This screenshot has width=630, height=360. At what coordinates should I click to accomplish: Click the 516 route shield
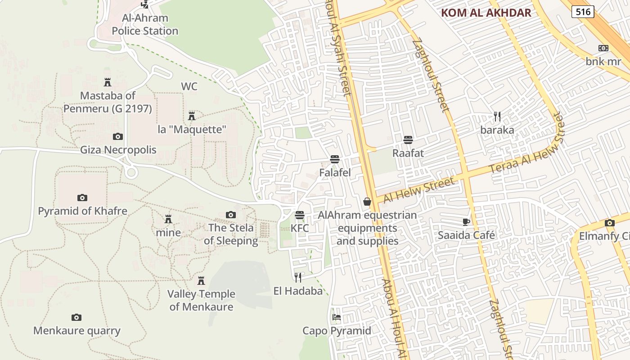click(583, 12)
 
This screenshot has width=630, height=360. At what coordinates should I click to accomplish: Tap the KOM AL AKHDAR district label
click(486, 13)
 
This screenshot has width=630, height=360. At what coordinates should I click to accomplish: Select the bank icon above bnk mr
click(603, 48)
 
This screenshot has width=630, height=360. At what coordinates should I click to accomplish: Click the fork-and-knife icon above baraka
click(497, 117)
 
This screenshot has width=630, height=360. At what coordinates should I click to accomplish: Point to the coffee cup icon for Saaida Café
click(466, 222)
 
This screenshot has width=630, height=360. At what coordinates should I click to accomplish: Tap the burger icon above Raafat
click(408, 140)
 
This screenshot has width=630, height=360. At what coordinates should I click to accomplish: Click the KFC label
click(300, 228)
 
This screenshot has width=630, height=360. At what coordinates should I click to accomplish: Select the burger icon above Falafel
click(334, 159)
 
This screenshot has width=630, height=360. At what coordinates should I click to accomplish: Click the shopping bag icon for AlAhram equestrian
click(367, 202)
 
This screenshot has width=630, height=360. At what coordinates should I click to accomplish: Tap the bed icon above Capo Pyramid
click(336, 317)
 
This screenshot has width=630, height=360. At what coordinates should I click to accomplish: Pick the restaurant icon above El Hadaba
click(298, 277)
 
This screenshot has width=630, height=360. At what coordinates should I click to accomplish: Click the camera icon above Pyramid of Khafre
click(82, 198)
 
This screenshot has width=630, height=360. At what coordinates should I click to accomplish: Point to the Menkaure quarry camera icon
click(76, 318)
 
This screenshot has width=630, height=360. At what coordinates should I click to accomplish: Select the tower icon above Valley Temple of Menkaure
click(201, 281)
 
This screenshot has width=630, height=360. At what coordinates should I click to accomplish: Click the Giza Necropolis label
click(118, 150)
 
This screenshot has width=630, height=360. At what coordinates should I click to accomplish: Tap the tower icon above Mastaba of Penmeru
click(108, 82)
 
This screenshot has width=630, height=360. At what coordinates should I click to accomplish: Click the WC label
click(189, 86)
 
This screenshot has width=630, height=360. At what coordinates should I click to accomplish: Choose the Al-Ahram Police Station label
click(145, 25)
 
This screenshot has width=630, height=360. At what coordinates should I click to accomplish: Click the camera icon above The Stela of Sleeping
click(231, 215)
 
